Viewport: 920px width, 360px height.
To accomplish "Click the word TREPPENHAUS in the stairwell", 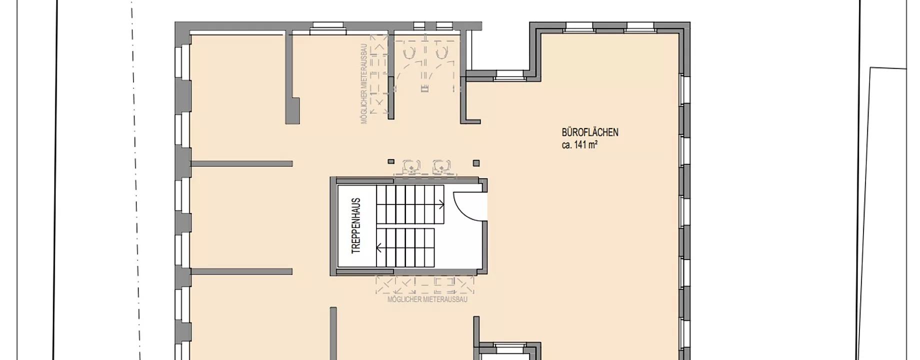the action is [x=356, y=226].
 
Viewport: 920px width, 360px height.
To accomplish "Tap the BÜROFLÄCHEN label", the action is [x=590, y=132].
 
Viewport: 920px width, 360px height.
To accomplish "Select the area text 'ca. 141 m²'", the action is [x=580, y=145].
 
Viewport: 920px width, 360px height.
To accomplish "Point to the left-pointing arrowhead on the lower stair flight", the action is [x=379, y=247].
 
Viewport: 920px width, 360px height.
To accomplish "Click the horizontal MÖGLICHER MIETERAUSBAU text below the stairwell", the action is [x=427, y=299].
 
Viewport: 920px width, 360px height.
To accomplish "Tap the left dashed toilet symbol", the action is [x=409, y=53].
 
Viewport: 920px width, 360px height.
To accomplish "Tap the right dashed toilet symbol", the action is [x=441, y=53].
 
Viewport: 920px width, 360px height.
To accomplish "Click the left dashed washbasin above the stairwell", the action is [x=411, y=166].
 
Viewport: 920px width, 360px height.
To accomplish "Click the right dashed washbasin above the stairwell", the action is [x=440, y=166].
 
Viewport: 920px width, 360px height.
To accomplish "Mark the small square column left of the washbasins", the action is [x=391, y=161].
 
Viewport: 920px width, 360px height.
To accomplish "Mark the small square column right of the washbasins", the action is [x=476, y=163].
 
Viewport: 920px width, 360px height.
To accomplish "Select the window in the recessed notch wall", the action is [x=509, y=75].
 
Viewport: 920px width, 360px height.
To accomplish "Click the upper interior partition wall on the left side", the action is [x=241, y=163].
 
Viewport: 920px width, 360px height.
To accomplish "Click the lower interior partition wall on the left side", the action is [x=241, y=271].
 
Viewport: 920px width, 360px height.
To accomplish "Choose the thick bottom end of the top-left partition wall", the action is [x=292, y=110].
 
